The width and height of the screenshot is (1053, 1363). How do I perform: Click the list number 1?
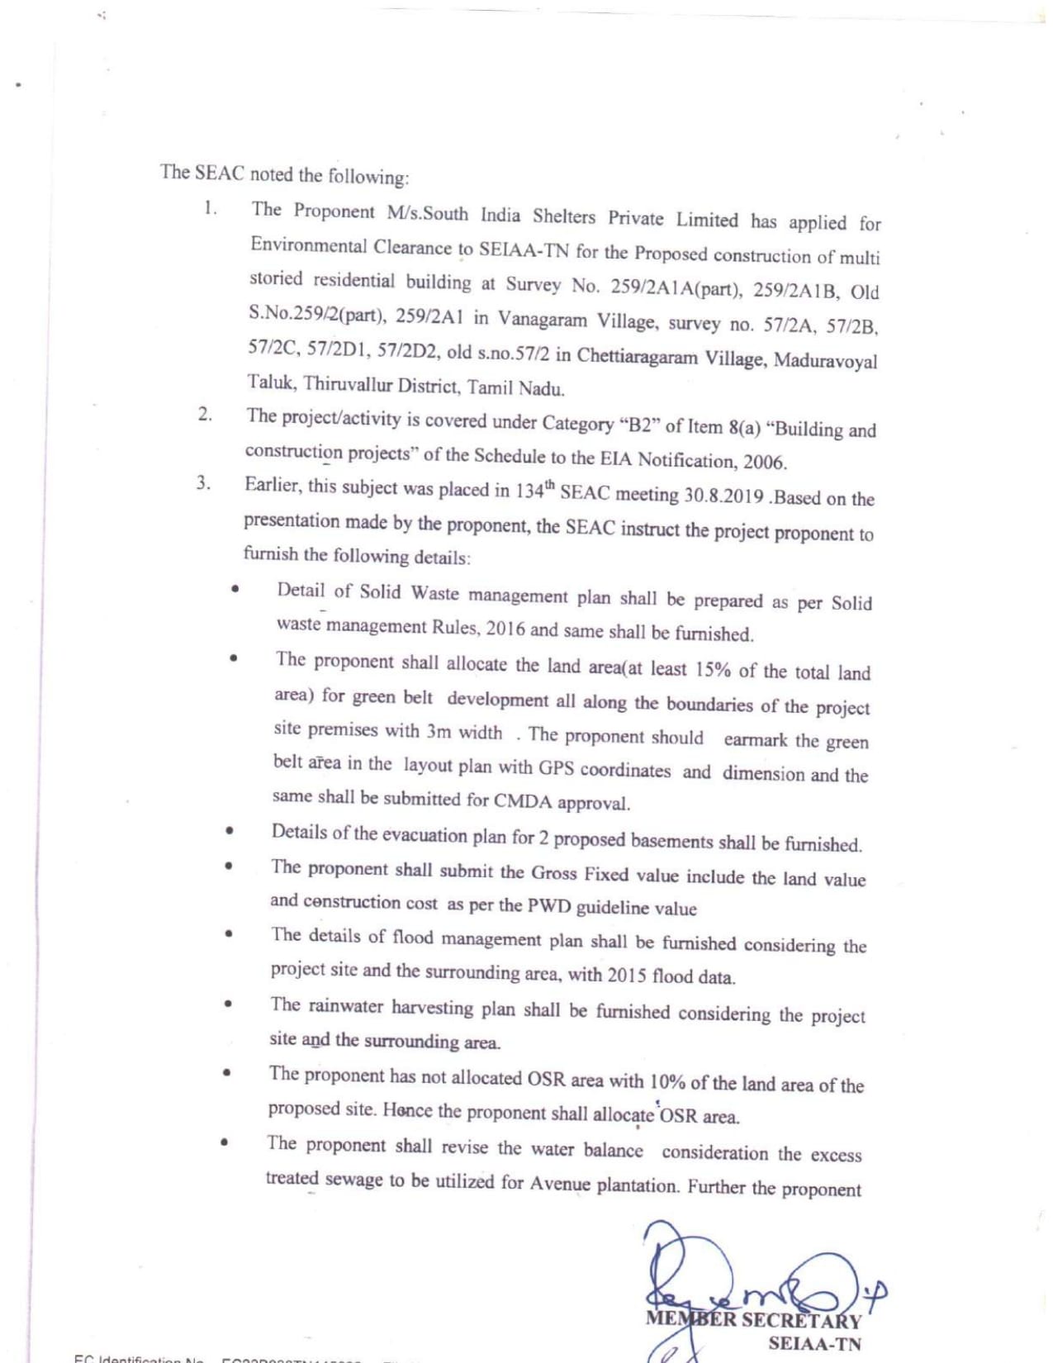pos(210,207)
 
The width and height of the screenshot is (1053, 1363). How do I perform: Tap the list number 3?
pos(202,482)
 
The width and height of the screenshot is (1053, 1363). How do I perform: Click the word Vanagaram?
pos(542,321)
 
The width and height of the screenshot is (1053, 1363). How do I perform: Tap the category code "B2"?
pos(638,425)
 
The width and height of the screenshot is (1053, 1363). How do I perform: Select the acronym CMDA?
pos(522,800)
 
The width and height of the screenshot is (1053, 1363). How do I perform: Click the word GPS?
pos(556,767)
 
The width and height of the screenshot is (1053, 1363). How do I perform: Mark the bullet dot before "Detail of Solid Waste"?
pos(235,590)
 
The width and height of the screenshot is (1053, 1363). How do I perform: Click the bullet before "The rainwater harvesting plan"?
pos(227,1004)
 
